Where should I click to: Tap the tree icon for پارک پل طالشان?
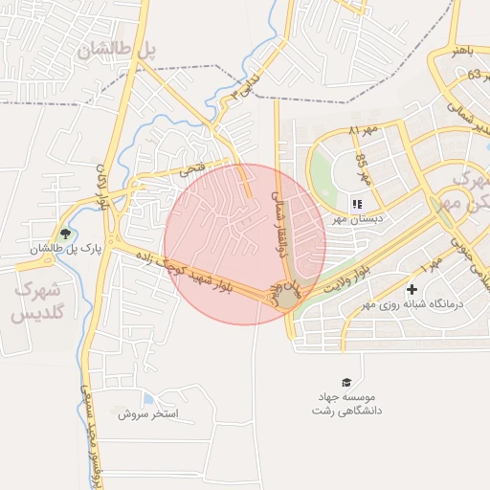coord(65,233)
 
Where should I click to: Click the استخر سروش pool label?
coord(148,414)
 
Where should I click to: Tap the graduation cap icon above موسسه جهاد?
coord(345,382)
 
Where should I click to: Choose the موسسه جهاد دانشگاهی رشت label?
coord(345,403)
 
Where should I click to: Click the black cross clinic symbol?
coord(412,289)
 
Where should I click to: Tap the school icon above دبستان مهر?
coord(357,203)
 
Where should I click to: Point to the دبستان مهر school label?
coord(350,218)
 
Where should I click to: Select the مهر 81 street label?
coord(364,128)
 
